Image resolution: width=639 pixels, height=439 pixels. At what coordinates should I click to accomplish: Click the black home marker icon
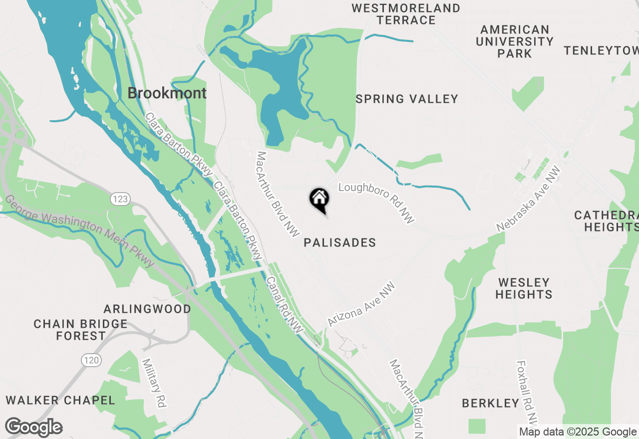click(319, 200)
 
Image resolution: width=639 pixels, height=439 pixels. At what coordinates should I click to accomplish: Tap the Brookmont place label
click(167, 93)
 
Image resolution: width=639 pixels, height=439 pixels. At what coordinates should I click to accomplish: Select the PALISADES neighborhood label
click(339, 243)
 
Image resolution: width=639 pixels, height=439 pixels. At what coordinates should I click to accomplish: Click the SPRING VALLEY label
click(407, 99)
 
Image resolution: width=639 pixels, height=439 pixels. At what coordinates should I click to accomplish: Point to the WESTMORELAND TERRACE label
click(406, 14)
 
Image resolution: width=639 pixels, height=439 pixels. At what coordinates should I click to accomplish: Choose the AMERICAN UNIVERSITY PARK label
click(515, 41)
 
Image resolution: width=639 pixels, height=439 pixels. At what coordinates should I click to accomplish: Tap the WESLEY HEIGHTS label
click(524, 288)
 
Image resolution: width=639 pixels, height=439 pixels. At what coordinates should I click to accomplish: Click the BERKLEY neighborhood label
click(491, 403)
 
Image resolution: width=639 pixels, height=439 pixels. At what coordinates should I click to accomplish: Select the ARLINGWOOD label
click(147, 309)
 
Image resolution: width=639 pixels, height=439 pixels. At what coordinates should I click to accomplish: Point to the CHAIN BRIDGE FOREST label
click(80, 330)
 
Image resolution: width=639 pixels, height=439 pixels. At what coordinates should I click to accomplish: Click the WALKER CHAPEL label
click(60, 400)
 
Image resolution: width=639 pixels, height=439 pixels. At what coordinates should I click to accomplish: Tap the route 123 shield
click(120, 199)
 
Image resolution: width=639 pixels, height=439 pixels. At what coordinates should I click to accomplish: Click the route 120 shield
click(91, 359)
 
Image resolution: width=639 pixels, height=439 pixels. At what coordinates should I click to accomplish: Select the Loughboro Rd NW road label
click(376, 202)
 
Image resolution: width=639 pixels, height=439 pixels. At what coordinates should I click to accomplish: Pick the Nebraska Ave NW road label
click(529, 199)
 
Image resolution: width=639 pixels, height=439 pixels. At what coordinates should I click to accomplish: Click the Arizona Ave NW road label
click(361, 304)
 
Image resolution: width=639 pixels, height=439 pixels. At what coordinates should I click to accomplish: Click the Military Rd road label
click(154, 383)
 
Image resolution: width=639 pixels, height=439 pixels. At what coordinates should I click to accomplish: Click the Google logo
click(33, 428)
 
